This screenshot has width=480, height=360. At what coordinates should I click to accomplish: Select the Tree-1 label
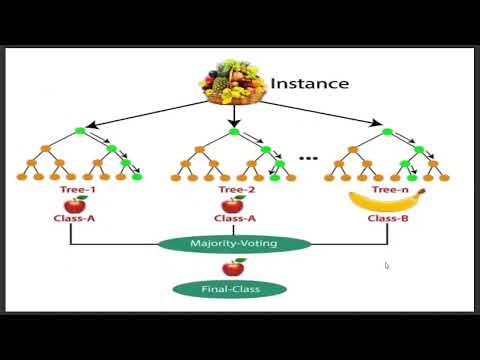[76, 188]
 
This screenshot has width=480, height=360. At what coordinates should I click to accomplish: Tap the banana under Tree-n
[386, 201]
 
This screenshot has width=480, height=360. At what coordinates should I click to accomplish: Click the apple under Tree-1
[76, 204]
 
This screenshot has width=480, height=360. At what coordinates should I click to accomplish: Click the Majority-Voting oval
[233, 243]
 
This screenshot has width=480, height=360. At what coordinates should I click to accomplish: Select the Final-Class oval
[230, 289]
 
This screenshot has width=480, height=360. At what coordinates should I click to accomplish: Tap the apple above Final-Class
[233, 267]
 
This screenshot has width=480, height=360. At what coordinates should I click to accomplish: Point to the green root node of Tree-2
[234, 132]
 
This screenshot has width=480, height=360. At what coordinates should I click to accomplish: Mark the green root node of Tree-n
[384, 132]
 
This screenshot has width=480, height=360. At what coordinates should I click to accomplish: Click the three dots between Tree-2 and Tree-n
[309, 157]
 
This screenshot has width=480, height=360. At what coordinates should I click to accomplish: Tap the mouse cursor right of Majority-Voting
[387, 265]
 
